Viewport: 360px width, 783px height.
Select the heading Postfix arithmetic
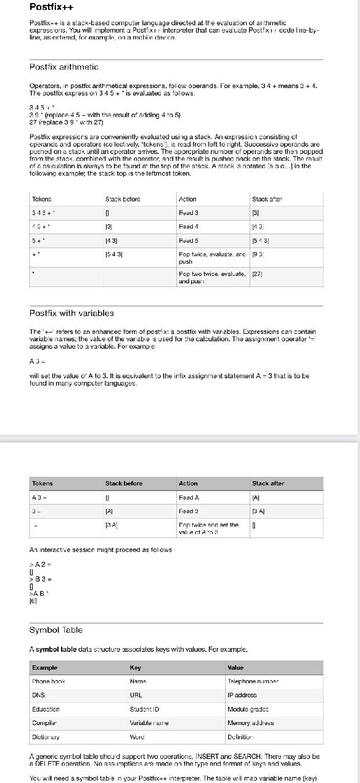(64, 67)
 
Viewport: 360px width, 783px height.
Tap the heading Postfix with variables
(72, 313)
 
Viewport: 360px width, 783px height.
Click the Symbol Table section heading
(56, 630)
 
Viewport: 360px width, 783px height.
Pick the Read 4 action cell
(187, 227)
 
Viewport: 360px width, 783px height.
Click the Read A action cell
(188, 497)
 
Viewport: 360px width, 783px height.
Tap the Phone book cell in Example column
(49, 681)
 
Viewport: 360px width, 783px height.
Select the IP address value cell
(242, 695)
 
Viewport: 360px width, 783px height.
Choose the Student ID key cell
(144, 709)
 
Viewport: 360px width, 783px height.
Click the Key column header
(136, 667)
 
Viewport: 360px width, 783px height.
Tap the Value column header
(235, 667)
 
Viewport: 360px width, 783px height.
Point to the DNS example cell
(38, 695)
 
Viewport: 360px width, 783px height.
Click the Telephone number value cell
(253, 681)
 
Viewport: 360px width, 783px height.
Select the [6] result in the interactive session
(33, 601)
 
